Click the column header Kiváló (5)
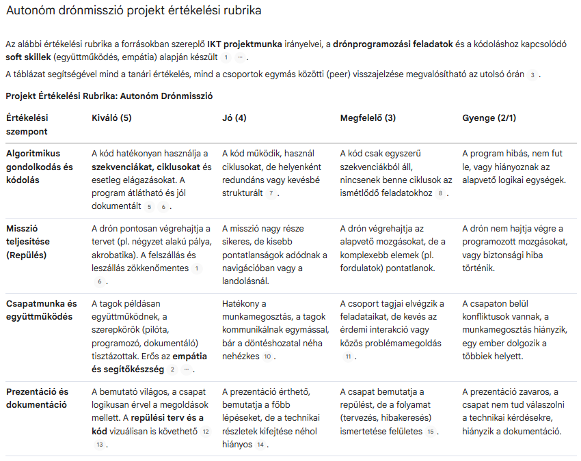[111, 118]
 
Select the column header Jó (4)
[234, 118]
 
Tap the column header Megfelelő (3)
[368, 118]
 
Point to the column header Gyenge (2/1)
[489, 118]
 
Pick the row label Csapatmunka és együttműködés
[42, 310]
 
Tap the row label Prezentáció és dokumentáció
[38, 398]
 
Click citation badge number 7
[271, 194]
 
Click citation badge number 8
[440, 194]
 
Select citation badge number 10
[268, 357]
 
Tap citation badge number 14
[260, 445]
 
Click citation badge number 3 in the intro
[532, 74]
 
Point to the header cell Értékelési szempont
[28, 124]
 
